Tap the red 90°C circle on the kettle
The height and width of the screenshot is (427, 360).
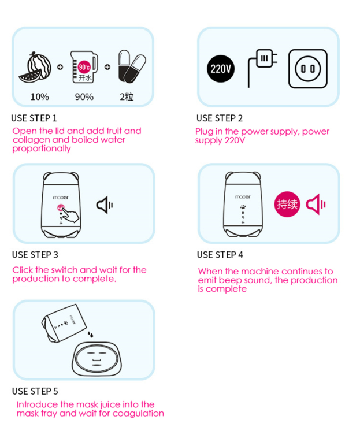[x=84, y=67]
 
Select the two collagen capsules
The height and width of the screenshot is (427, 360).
[x=132, y=66]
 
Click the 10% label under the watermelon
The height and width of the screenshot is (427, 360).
[x=40, y=97]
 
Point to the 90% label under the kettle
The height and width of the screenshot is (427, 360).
[x=84, y=97]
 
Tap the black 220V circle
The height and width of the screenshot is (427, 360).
[x=221, y=69]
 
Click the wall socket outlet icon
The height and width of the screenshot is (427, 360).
[x=308, y=69]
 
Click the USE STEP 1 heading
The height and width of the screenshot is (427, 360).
[x=34, y=118]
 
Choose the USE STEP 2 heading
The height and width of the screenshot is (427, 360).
[x=220, y=118]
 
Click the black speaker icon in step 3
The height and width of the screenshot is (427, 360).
[x=105, y=205]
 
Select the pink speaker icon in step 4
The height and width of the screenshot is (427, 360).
[x=316, y=204]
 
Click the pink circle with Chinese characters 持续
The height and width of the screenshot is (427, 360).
[x=287, y=204]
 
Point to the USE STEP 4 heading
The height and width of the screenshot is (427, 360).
[x=220, y=255]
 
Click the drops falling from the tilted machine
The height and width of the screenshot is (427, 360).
[x=90, y=334]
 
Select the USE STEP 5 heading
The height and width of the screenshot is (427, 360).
[x=35, y=391]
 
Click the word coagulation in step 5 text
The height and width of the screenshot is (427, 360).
[x=138, y=414]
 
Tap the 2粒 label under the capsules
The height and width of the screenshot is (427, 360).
[x=127, y=97]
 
